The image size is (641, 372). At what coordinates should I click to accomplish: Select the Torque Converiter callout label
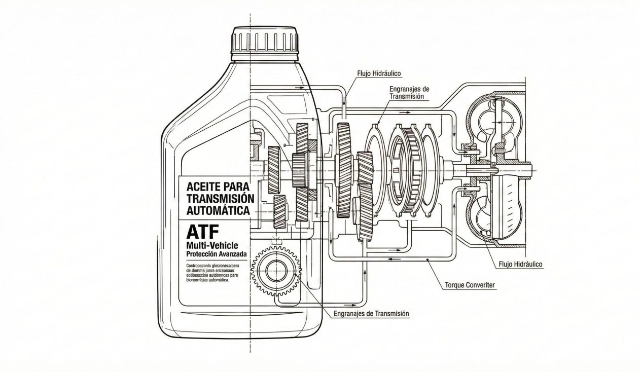[470, 285]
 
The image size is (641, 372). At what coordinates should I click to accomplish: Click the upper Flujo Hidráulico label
[380, 73]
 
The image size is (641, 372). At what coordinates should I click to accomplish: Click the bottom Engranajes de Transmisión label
[371, 314]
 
